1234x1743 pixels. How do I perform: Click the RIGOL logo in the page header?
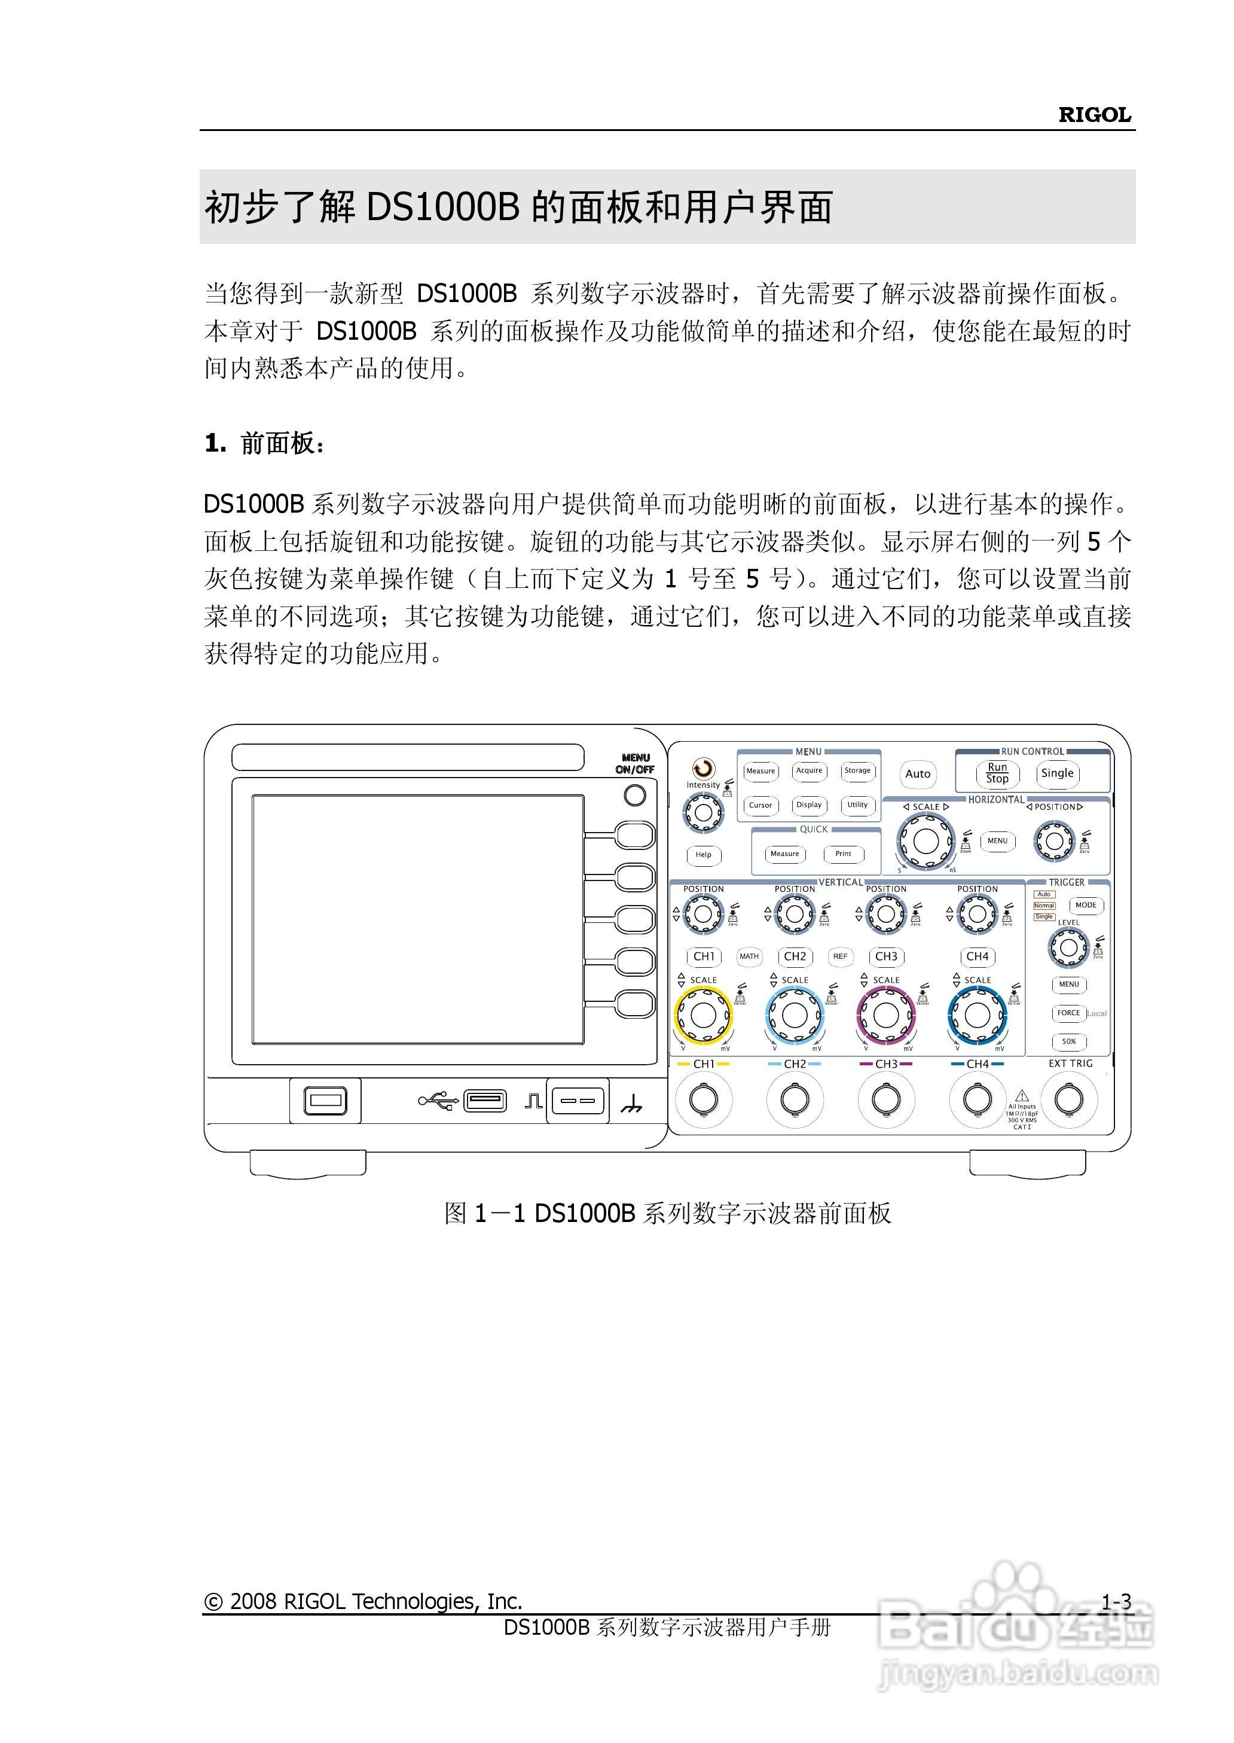click(1094, 115)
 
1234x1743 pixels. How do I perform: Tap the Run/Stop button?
click(997, 773)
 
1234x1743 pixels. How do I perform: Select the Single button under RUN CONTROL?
click(1057, 773)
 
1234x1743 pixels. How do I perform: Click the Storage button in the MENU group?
click(857, 771)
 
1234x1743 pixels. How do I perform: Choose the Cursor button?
click(760, 805)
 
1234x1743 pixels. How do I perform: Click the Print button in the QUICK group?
click(844, 854)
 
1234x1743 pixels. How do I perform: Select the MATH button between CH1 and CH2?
click(749, 956)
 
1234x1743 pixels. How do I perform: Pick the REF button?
click(841, 956)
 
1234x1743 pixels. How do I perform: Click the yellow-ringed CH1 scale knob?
click(703, 1015)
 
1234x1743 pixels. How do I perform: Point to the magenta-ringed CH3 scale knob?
click(886, 1015)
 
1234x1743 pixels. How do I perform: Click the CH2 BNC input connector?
click(795, 1099)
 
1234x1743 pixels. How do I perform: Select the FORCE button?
click(1068, 1013)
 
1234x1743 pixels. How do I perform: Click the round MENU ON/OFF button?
click(634, 795)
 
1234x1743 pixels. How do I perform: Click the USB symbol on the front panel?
click(438, 1100)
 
